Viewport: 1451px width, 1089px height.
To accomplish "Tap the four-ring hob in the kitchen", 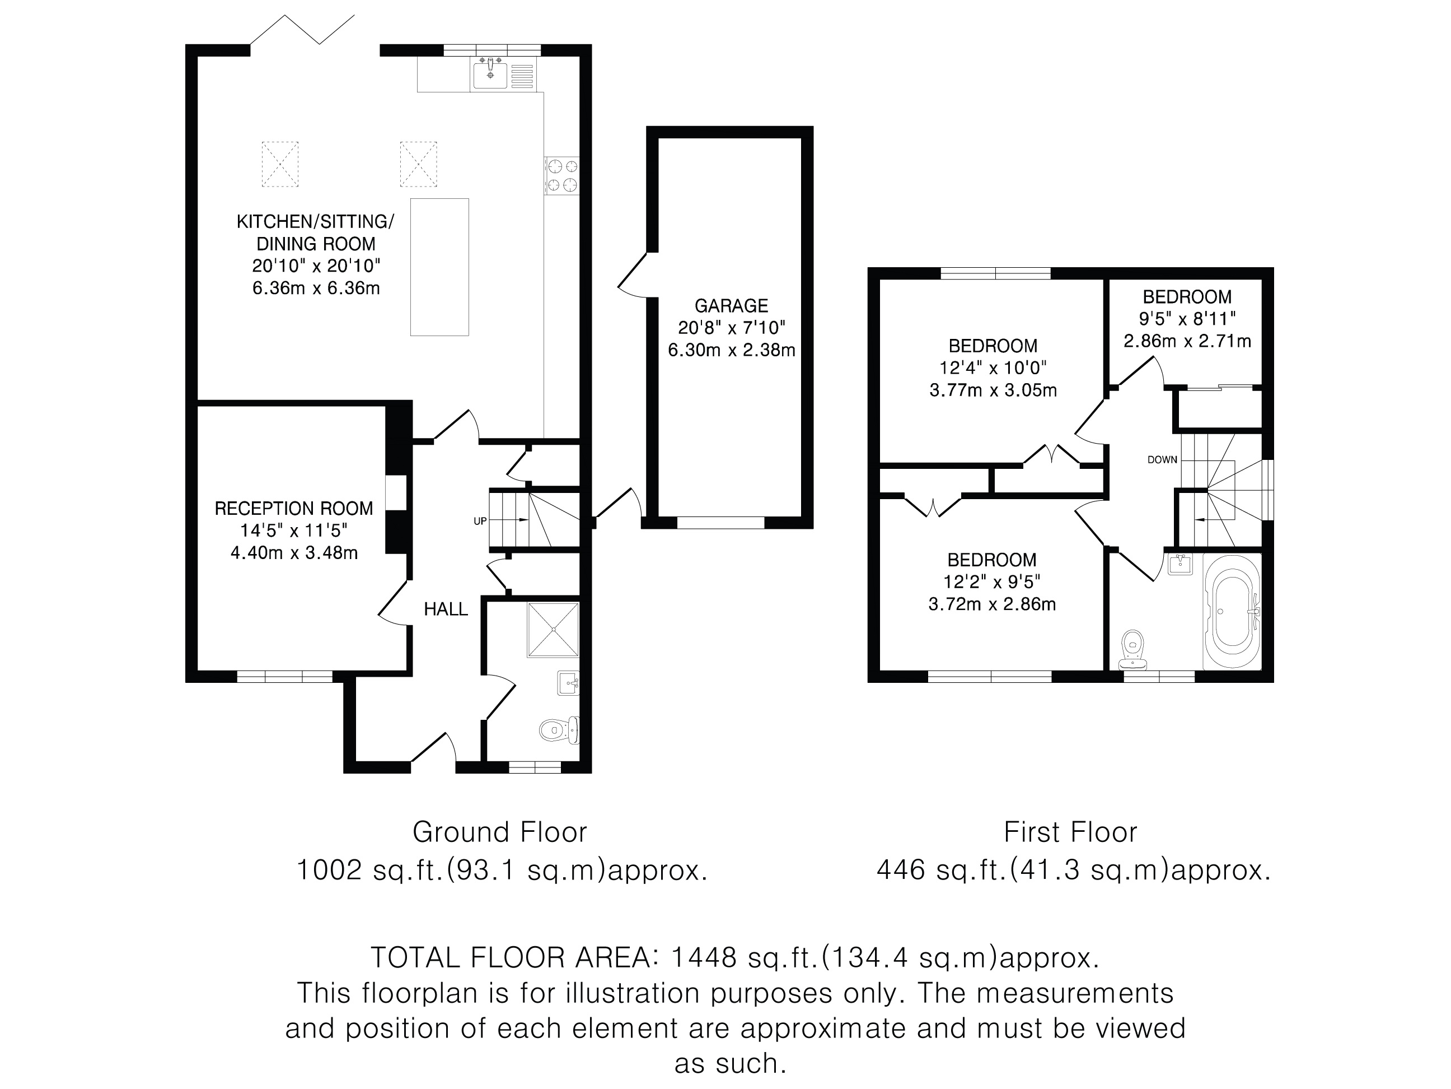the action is [562, 175].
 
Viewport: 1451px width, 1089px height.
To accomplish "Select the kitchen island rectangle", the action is [439, 267].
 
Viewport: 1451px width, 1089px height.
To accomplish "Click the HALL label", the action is [446, 609].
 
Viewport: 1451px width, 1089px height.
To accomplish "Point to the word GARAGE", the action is [732, 305].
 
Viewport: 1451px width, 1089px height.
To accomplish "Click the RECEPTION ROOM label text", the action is [294, 508].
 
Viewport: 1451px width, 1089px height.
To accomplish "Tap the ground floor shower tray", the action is [553, 629].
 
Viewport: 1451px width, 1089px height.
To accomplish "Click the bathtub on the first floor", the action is [1233, 611].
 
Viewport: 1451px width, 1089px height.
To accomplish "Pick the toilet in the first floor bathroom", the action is [1133, 649].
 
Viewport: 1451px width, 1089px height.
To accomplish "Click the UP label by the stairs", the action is [480, 521].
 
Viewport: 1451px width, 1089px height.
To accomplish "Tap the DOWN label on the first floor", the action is [1162, 459].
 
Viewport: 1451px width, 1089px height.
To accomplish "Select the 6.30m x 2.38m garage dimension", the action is [732, 350].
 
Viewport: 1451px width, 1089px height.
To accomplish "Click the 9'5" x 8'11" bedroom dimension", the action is [1187, 318].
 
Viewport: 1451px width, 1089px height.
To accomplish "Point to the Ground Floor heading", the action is [500, 832].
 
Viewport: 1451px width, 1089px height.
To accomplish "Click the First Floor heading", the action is [1070, 832].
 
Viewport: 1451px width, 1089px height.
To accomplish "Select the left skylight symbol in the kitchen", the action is [280, 164].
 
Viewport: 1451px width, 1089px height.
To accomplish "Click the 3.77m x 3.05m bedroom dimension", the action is [993, 390].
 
